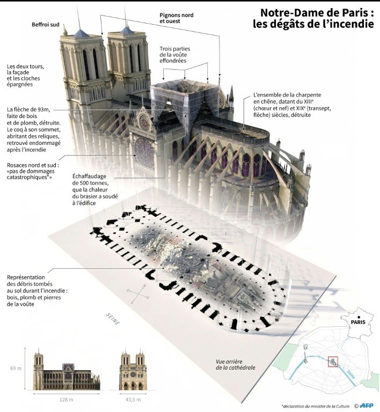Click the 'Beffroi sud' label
point(46,25)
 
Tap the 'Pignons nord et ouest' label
point(177,18)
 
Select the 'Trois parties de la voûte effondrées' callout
point(175,55)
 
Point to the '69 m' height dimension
point(16,368)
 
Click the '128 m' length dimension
point(66,400)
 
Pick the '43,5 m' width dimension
point(133,400)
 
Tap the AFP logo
point(367,406)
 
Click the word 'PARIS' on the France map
point(358,322)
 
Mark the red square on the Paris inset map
point(333,362)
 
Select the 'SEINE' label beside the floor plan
point(113,319)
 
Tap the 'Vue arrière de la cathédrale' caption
point(236,364)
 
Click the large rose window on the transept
point(144,153)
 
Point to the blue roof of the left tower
point(81,34)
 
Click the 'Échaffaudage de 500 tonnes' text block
point(95,189)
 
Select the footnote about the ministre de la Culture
point(316,406)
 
